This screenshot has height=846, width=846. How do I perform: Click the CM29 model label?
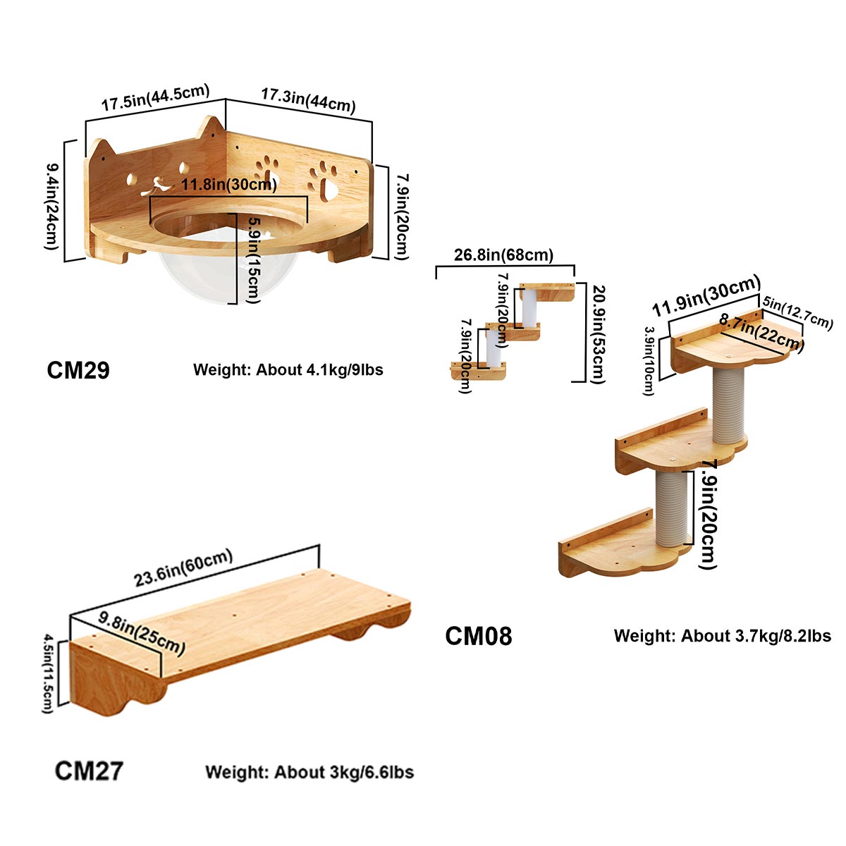pyautogui.click(x=78, y=369)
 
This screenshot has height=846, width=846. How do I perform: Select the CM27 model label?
pyautogui.click(x=89, y=771)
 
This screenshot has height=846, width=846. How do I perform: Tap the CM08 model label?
pyautogui.click(x=479, y=636)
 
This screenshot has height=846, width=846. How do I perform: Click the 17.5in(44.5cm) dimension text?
pyautogui.click(x=155, y=97)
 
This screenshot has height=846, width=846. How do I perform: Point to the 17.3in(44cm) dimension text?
pyautogui.click(x=308, y=99)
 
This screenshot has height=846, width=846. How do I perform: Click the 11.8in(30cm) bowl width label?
pyautogui.click(x=229, y=185)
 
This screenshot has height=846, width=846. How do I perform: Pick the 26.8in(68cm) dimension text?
pyautogui.click(x=503, y=255)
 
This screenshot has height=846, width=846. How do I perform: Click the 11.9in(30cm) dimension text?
pyautogui.click(x=706, y=297)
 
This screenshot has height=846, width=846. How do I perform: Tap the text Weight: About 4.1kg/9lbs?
pyautogui.click(x=288, y=369)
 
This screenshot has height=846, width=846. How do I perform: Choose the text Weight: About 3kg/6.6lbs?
pyautogui.click(x=309, y=772)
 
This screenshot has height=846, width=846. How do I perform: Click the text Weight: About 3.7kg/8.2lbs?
pyautogui.click(x=723, y=636)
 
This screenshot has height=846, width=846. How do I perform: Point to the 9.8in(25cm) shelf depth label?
pyautogui.click(x=142, y=632)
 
